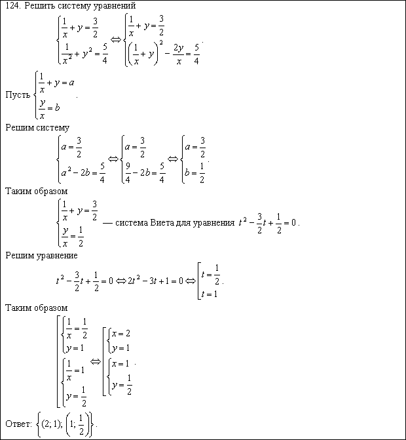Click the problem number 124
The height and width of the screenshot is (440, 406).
pos(12,6)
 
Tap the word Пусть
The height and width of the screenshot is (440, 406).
pos(18,94)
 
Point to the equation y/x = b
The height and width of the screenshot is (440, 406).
pos(50,108)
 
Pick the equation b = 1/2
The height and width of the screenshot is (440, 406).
pos(195,174)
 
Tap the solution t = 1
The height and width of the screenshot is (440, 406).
pos(210,294)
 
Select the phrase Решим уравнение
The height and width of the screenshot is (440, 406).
pos(41,255)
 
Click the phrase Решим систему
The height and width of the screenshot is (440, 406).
pos(37,127)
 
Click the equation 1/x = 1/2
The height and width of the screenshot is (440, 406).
pos(75,326)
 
